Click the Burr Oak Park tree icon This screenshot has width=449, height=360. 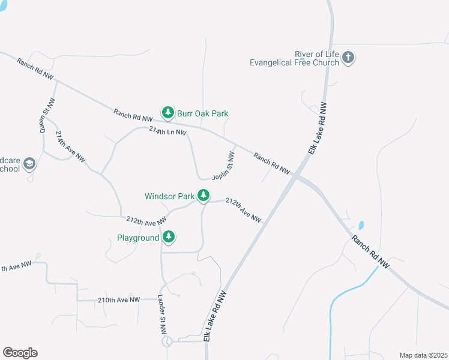[168, 112]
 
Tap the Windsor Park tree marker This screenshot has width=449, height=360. [204, 195]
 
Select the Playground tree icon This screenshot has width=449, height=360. [169, 237]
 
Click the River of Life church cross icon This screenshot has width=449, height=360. [348, 58]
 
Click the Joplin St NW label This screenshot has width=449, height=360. [223, 166]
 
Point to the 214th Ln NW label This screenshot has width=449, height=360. [168, 131]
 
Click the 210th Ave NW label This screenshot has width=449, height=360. [119, 299]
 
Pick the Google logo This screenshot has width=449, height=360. [20, 353]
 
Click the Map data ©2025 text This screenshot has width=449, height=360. [423, 355]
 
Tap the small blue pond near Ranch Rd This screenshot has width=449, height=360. [361, 226]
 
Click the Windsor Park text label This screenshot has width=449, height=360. [169, 196]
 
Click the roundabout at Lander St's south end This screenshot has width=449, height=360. [166, 341]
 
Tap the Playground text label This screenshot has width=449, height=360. [138, 238]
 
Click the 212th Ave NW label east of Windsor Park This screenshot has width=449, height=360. [243, 210]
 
